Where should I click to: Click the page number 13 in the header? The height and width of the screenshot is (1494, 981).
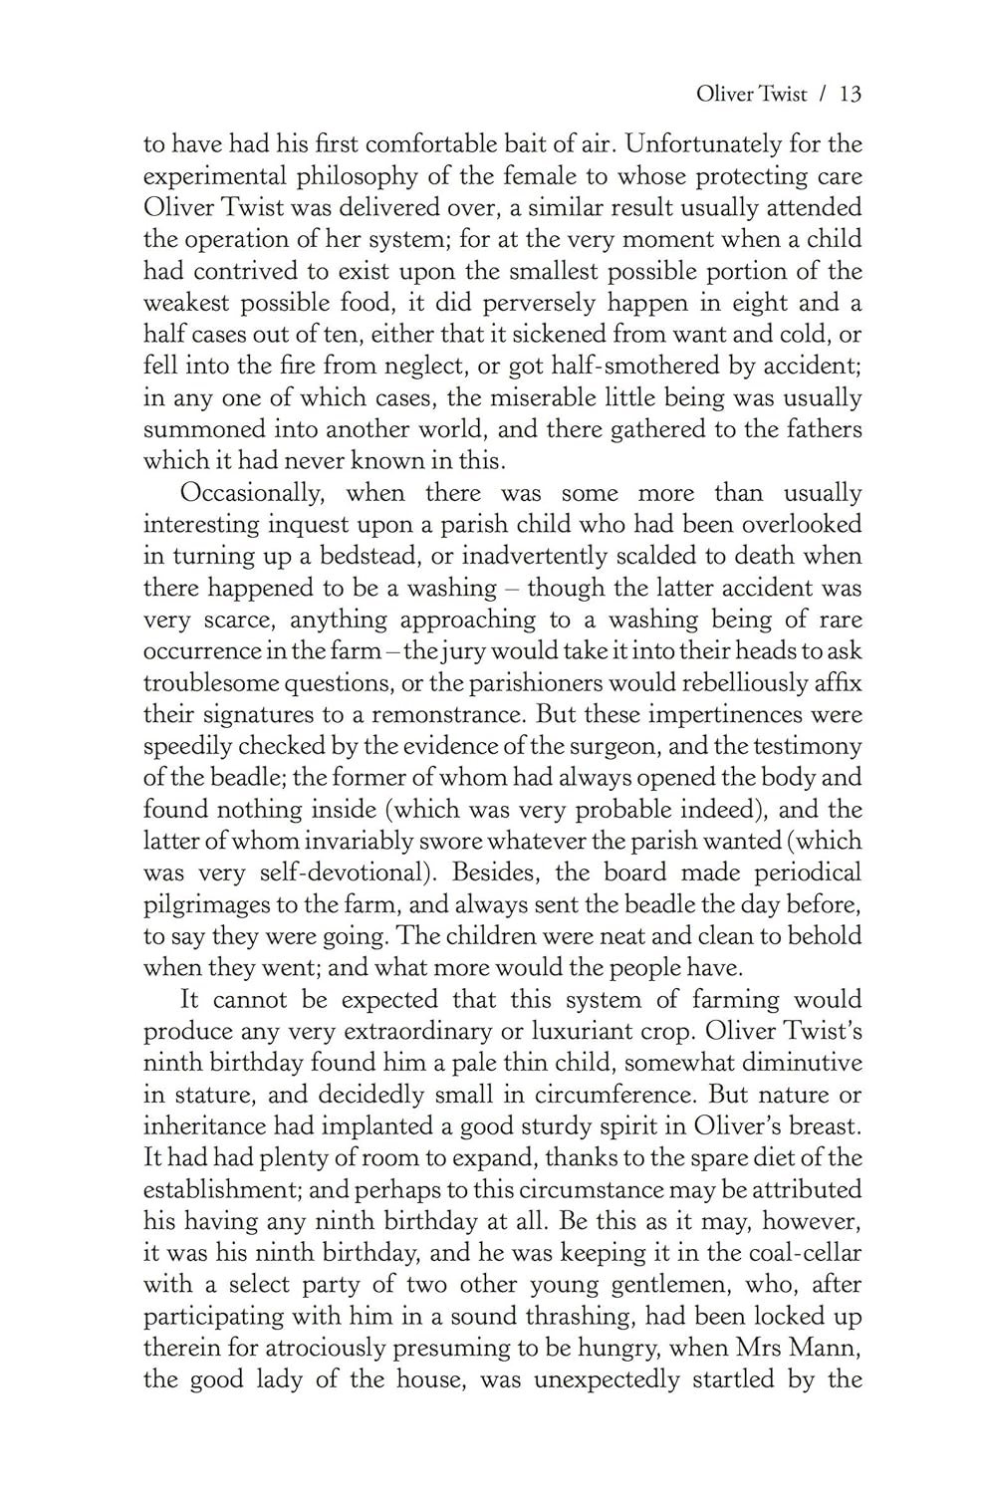click(850, 95)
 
